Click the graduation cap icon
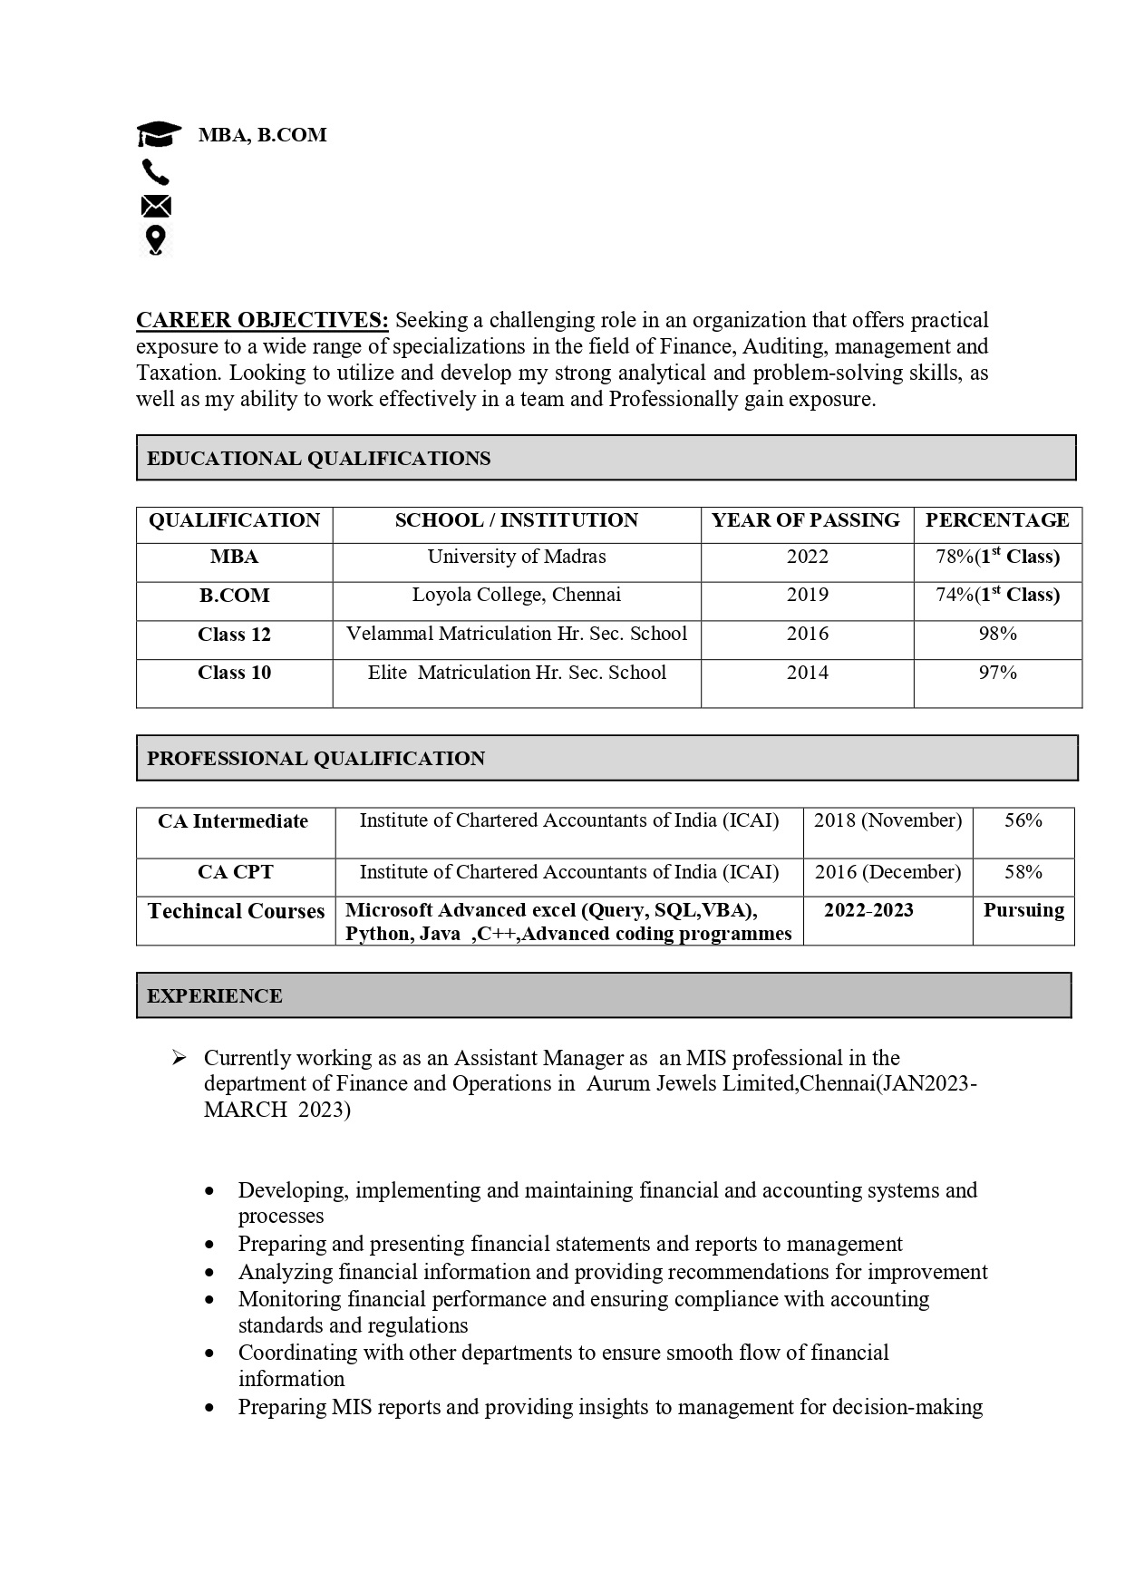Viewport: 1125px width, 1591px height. click(159, 135)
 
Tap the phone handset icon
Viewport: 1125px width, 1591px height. click(155, 171)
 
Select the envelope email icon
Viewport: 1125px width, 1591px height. click(156, 207)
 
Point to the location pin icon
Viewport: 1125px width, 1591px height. click(155, 240)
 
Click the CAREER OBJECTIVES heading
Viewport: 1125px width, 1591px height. click(262, 320)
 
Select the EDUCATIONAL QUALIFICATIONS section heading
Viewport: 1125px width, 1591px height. click(318, 459)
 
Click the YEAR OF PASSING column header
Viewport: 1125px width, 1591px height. click(805, 520)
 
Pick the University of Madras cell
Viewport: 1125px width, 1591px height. click(517, 557)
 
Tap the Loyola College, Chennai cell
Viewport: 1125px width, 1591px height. click(517, 595)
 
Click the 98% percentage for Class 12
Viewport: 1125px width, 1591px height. click(997, 634)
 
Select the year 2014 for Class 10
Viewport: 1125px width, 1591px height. click(807, 673)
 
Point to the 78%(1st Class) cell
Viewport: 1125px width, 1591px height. click(997, 557)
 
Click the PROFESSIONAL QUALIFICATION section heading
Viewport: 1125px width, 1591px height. click(315, 759)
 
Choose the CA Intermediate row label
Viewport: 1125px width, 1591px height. click(233, 821)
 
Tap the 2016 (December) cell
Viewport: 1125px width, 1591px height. click(887, 872)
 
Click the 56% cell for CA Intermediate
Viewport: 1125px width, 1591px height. click(1023, 820)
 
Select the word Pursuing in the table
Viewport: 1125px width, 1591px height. click(1023, 910)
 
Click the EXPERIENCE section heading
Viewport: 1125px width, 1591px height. click(215, 996)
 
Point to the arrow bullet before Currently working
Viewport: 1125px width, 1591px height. click(179, 1058)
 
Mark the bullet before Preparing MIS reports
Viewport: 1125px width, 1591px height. click(211, 1408)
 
